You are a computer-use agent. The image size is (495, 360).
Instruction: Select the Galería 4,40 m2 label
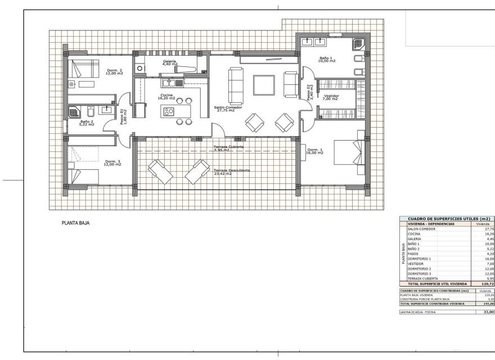click(169, 62)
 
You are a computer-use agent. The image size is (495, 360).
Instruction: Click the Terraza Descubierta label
click(232, 172)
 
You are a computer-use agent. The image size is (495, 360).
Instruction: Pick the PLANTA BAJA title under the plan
click(75, 223)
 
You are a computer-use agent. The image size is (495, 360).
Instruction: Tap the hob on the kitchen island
click(169, 111)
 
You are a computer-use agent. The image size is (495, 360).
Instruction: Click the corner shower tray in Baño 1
click(358, 44)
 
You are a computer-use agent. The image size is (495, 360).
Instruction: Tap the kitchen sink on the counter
click(178, 83)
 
